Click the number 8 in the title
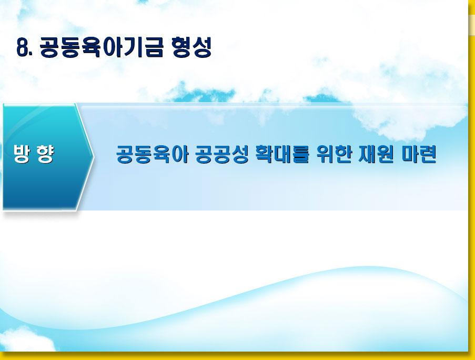tap(23, 47)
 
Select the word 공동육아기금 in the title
tap(102, 47)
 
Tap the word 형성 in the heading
tap(191, 47)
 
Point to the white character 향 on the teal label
tap(45, 154)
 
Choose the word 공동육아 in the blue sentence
tap(153, 154)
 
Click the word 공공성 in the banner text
tap(222, 154)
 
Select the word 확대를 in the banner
tap(282, 154)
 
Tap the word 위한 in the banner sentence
tap(334, 154)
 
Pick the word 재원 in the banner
tap(377, 154)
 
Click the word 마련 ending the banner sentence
tap(419, 154)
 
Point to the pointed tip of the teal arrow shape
tap(94, 157)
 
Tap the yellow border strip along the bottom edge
tap(236, 356)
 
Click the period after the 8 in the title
tap(31, 55)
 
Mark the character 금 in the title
tap(154, 47)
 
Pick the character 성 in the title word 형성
tap(201, 47)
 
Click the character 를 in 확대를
tap(300, 154)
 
